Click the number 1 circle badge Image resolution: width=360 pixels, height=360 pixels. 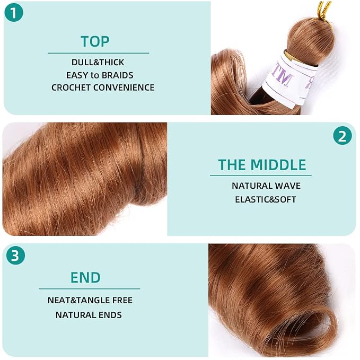point(14,12)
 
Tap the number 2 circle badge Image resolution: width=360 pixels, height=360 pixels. point(343,135)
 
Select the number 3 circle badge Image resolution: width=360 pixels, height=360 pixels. point(15,255)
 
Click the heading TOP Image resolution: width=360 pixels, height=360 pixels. point(95,41)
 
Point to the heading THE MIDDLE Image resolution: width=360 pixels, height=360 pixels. point(262,164)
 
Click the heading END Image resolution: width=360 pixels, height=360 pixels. point(85,277)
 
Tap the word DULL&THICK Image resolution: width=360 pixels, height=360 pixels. point(98,62)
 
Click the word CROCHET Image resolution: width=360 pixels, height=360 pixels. point(71,87)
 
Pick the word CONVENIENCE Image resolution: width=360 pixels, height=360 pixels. point(124,87)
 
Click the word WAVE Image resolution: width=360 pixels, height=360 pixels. point(288,186)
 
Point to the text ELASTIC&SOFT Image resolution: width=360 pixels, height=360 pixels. point(266,199)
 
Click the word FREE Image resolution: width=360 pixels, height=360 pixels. point(122,300)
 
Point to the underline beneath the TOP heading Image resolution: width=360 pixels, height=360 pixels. point(98,53)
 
